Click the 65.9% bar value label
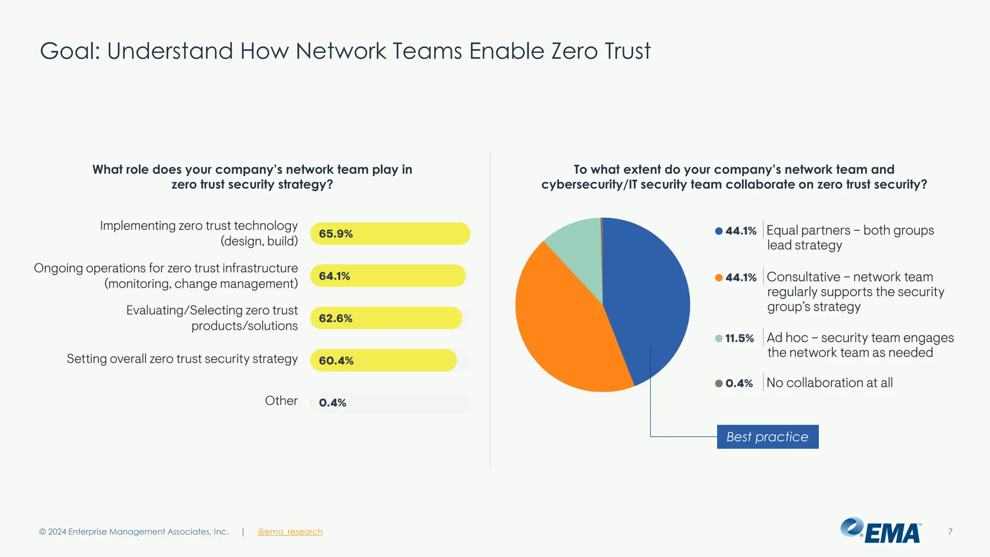pos(335,234)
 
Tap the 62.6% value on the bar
pos(335,318)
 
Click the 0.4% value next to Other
pos(333,402)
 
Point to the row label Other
pos(281,400)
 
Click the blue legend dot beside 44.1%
pos(719,231)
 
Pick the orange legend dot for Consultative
pos(719,278)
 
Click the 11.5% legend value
pos(740,338)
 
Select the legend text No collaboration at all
pos(830,382)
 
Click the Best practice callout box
pos(768,437)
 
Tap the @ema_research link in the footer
pos(290,531)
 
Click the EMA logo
pos(881,531)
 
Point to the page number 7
pos(950,531)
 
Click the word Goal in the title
pos(70,51)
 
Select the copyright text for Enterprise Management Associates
pos(134,531)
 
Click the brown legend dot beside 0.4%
pos(719,383)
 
